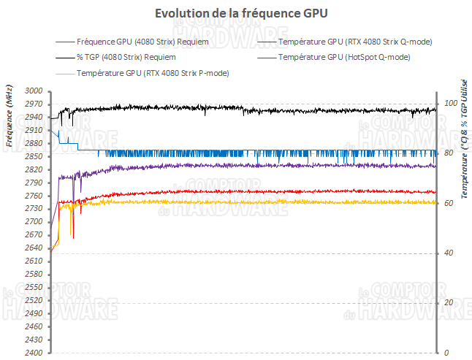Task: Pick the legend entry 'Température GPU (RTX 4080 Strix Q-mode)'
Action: click(x=355, y=42)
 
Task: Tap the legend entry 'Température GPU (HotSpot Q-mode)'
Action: click(x=344, y=57)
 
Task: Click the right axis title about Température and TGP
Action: click(x=463, y=139)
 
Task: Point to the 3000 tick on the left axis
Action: click(x=34, y=91)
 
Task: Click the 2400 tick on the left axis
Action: click(x=34, y=353)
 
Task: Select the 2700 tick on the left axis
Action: click(x=34, y=222)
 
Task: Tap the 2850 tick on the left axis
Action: click(x=34, y=156)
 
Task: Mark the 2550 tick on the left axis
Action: click(x=34, y=288)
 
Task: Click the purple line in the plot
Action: click(x=256, y=166)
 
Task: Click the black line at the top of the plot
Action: click(x=256, y=109)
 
